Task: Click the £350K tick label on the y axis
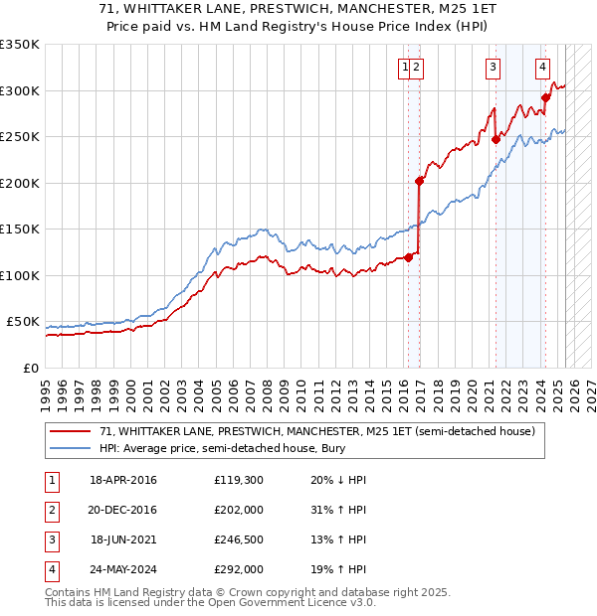[20, 45]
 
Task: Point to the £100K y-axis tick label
[20, 275]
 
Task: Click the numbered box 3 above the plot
[493, 68]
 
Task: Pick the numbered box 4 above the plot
[542, 68]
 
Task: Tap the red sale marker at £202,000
[419, 181]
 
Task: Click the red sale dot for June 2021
[496, 140]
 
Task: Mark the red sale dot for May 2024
[545, 97]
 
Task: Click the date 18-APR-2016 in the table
[122, 480]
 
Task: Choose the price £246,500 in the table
[239, 539]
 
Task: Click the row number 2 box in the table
[51, 510]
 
